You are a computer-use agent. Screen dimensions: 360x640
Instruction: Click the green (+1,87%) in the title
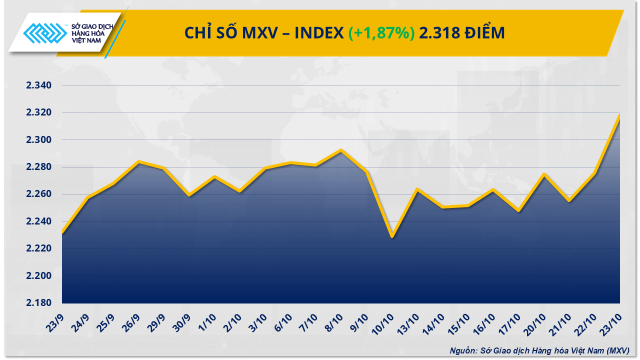(x=381, y=33)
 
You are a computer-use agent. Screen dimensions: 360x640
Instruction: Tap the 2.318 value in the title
(x=440, y=33)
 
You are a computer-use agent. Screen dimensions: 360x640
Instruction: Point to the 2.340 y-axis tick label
(x=39, y=85)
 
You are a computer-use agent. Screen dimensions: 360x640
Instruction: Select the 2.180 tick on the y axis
(x=39, y=303)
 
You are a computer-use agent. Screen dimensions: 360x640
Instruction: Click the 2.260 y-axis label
(x=39, y=194)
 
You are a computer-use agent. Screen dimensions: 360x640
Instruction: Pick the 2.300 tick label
(x=39, y=140)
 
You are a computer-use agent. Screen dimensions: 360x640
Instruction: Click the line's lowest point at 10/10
(x=392, y=236)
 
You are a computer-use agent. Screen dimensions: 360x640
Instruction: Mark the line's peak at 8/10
(x=341, y=150)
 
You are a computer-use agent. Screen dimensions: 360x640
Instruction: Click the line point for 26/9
(x=138, y=161)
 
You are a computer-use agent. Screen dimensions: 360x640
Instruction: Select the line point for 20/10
(x=543, y=174)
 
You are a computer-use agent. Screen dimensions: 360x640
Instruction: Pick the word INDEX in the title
(x=319, y=33)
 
